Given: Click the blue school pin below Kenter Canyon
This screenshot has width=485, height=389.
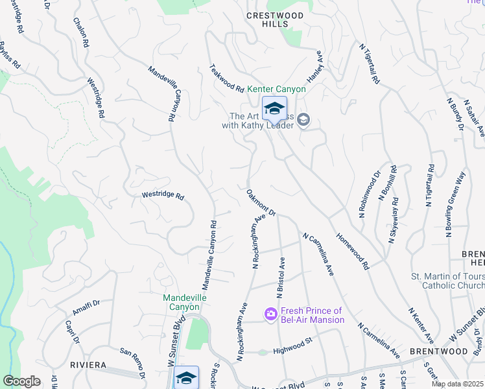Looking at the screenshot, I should pyautogui.click(x=274, y=108).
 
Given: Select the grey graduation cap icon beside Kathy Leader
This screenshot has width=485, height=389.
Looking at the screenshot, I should pyautogui.click(x=305, y=120).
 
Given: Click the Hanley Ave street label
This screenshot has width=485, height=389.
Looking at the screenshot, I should pyautogui.click(x=315, y=66).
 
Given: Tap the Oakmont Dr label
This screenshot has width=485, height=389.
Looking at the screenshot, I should pyautogui.click(x=261, y=202).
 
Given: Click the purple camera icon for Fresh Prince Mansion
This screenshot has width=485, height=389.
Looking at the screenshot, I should pyautogui.click(x=270, y=314).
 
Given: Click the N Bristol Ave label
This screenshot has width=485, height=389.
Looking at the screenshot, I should pyautogui.click(x=281, y=277).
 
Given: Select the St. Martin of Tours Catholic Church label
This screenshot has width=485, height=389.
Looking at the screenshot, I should pyautogui.click(x=447, y=281).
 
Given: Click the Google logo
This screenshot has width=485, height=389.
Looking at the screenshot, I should pyautogui.click(x=22, y=381).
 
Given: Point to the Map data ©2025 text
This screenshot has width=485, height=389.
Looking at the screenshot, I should pyautogui.click(x=457, y=384).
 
